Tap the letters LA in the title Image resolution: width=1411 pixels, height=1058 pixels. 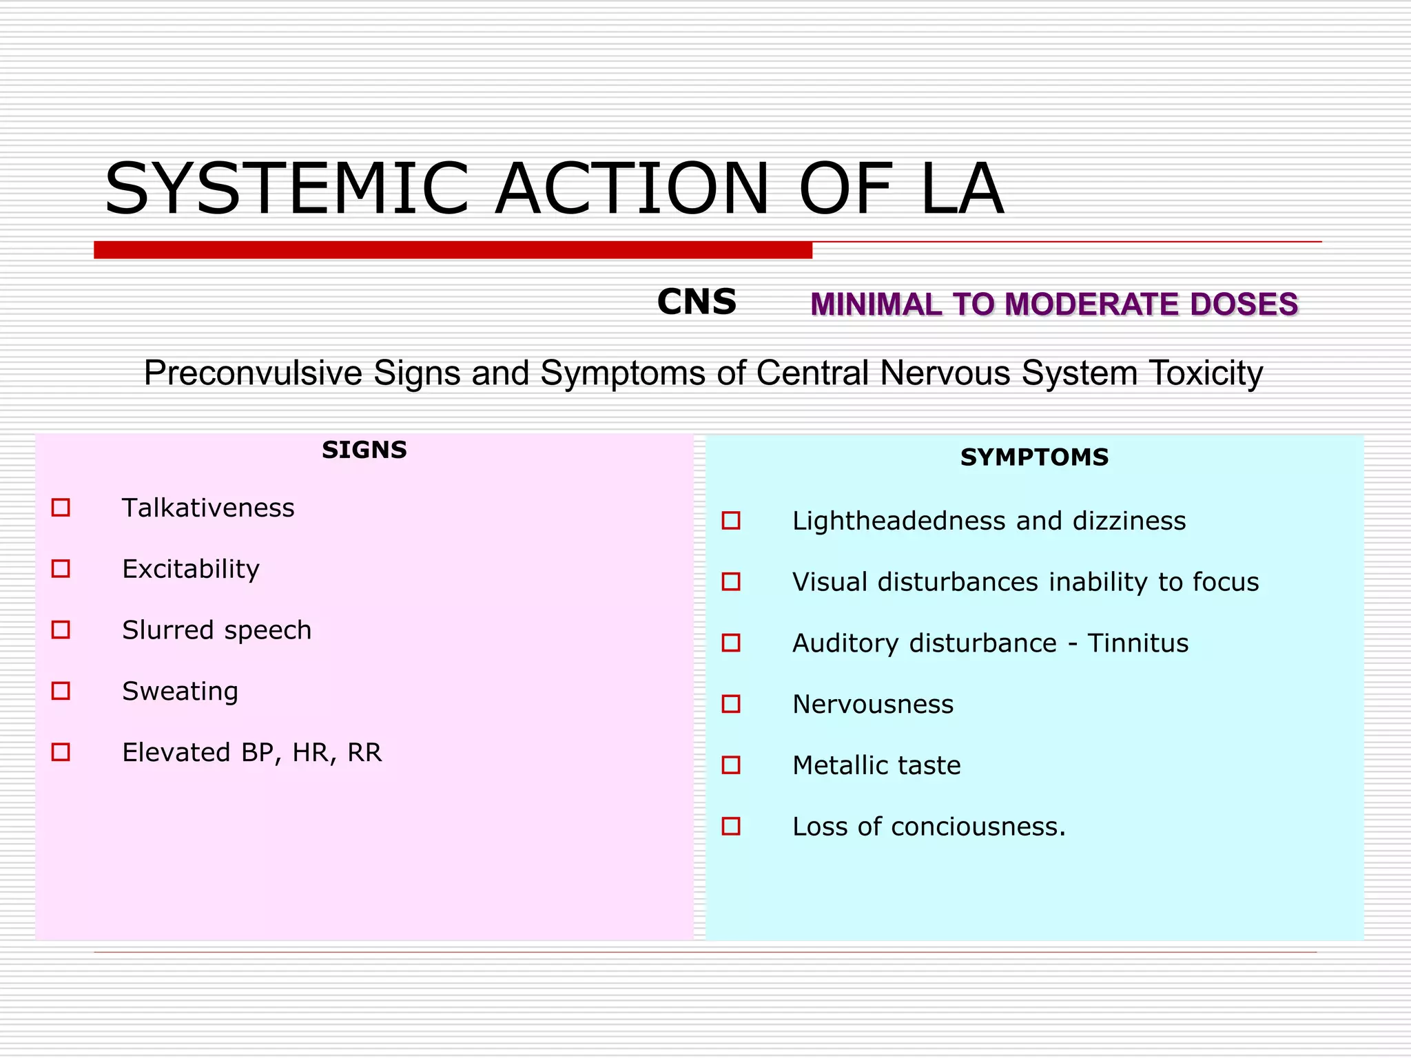961,188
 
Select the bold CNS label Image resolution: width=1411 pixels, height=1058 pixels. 697,302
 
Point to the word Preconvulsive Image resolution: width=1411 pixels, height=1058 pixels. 253,373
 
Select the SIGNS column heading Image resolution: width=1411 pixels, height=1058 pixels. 364,450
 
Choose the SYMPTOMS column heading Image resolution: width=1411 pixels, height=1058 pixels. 1034,457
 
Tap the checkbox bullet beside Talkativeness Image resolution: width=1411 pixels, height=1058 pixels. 61,508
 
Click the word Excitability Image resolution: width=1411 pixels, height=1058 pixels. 191,569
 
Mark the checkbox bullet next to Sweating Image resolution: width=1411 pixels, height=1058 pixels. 61,691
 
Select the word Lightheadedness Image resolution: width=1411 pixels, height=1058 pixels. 899,521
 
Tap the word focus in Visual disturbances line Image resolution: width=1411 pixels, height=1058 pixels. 1226,582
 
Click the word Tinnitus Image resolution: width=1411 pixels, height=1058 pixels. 1137,643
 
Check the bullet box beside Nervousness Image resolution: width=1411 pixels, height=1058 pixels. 731,704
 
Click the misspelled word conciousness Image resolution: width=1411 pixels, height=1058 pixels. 978,827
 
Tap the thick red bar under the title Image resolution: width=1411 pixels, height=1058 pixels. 453,250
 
